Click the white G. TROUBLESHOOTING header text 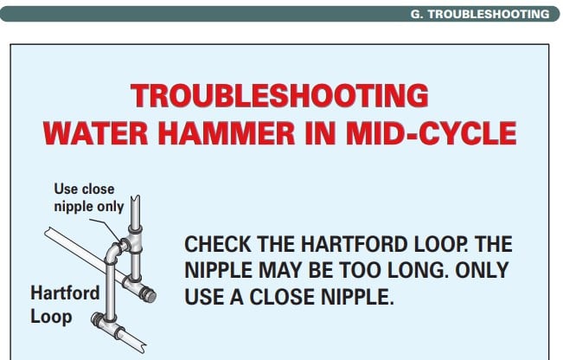pyautogui.click(x=480, y=14)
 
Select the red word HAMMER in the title pyautogui.click(x=227, y=133)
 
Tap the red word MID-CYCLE pyautogui.click(x=431, y=133)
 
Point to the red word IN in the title pyautogui.click(x=320, y=133)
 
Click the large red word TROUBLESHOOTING pyautogui.click(x=279, y=95)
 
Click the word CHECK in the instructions pyautogui.click(x=218, y=244)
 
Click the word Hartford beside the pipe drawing pyautogui.click(x=65, y=292)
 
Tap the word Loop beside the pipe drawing pyautogui.click(x=51, y=317)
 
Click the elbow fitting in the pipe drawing pyautogui.click(x=114, y=253)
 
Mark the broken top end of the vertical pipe pyautogui.click(x=136, y=198)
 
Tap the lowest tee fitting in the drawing pyautogui.click(x=108, y=324)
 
